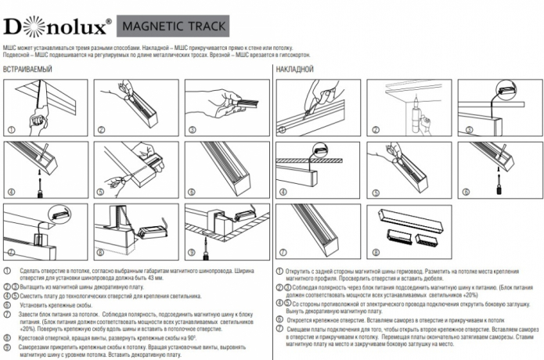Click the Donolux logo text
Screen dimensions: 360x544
coord(55,27)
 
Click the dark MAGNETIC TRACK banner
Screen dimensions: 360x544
coord(173,27)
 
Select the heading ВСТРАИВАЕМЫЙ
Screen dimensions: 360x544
coord(28,70)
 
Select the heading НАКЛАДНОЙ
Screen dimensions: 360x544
coord(295,70)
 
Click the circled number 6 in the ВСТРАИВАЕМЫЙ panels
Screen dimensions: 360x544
coord(192,192)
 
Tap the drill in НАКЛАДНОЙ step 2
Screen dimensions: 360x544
coord(420,117)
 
